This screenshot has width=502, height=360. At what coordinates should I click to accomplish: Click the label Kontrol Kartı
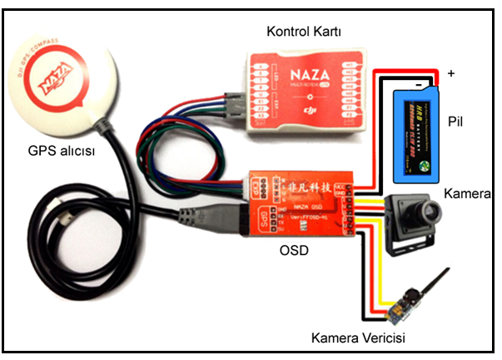pos(305,31)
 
